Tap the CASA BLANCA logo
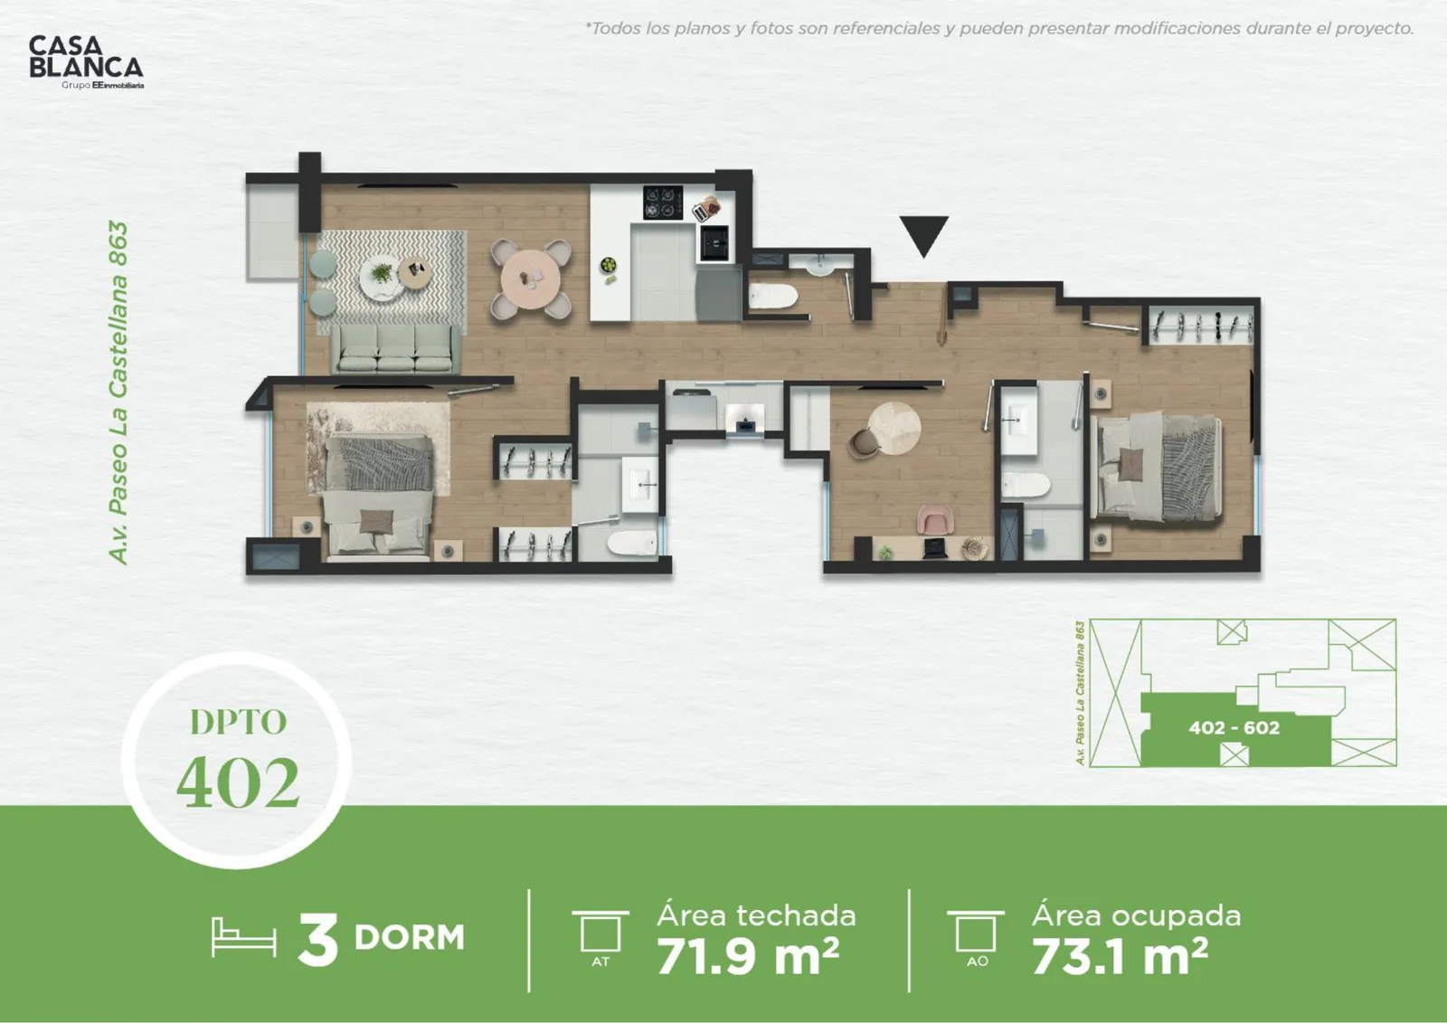pyautogui.click(x=86, y=62)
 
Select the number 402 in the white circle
pyautogui.click(x=238, y=783)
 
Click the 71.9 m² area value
pyautogui.click(x=748, y=956)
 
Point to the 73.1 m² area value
pyautogui.click(x=1121, y=956)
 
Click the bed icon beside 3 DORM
pyautogui.click(x=243, y=937)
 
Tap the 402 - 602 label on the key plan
pyautogui.click(x=1234, y=727)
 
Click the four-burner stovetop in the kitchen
pyautogui.click(x=663, y=202)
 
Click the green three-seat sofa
pyautogui.click(x=397, y=349)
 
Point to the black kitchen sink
pyautogui.click(x=715, y=243)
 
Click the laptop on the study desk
pyautogui.click(x=935, y=549)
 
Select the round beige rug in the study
pyautogui.click(x=894, y=429)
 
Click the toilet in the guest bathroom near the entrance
pyautogui.click(x=773, y=298)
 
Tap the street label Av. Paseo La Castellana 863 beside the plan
pyautogui.click(x=118, y=393)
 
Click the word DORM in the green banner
pyautogui.click(x=410, y=938)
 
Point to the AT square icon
pyautogui.click(x=601, y=932)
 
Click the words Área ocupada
pyautogui.click(x=1136, y=915)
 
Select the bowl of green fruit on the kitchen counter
pyautogui.click(x=608, y=265)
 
